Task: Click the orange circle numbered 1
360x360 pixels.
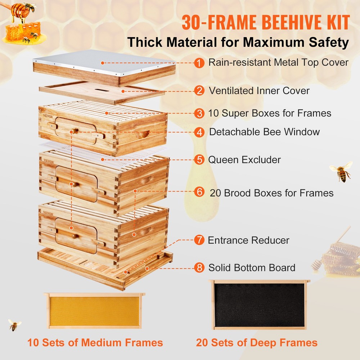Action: pos(199,63)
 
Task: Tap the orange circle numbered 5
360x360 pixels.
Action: pos(199,159)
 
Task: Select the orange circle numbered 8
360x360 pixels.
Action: pos(199,268)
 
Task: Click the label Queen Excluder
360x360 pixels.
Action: pos(244,159)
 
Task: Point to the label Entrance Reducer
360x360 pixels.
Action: pos(248,240)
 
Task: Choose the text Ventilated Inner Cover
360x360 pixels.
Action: pos(259,90)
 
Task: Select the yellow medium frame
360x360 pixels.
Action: pos(94,311)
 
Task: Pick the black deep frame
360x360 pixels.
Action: pos(259,305)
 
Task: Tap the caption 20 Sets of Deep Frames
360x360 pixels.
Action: pos(257,342)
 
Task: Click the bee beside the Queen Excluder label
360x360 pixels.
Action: pos(341,171)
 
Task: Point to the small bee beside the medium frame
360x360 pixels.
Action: pos(14,325)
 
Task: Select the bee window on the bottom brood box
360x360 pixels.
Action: pos(76,235)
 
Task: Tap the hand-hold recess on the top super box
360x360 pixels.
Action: pos(143,135)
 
